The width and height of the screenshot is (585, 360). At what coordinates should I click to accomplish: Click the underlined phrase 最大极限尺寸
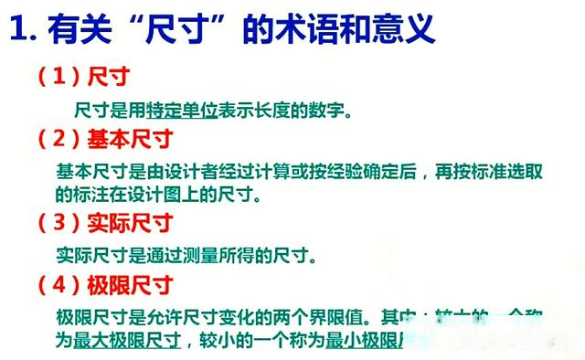(127, 340)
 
